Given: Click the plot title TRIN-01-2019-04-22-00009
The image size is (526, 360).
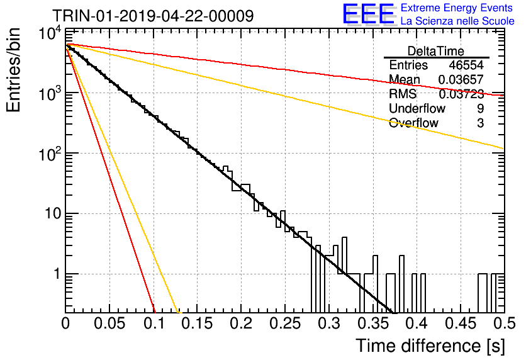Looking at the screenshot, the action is [153, 16].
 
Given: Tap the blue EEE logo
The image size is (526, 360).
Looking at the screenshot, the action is [368, 14].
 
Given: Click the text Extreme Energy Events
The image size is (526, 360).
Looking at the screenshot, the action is [457, 8].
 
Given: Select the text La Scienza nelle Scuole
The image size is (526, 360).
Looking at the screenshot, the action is [457, 21].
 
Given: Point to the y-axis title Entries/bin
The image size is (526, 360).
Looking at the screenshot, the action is [13, 70].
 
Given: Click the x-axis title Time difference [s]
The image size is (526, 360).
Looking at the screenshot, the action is [430, 346].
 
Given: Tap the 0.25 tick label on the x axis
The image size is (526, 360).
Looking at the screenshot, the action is [285, 323].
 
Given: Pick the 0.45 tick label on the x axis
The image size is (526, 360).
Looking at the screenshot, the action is [461, 323].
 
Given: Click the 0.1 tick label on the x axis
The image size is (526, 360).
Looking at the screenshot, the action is [155, 323].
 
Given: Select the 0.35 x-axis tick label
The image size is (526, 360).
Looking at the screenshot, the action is [372, 323].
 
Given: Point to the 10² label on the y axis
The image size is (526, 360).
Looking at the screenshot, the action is [50, 154].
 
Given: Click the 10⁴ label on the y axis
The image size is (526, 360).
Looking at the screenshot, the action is [50, 33].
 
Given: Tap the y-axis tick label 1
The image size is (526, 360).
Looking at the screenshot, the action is [57, 274].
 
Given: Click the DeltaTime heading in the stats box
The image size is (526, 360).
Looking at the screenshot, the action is [436, 51].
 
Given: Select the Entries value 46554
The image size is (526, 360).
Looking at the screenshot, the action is [466, 65].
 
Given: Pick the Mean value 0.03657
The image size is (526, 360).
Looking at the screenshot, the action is [461, 79].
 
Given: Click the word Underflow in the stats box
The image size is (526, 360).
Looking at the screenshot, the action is [417, 108].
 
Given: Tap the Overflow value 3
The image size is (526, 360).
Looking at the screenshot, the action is [480, 123].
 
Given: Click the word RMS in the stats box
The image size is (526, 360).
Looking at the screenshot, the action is [403, 94].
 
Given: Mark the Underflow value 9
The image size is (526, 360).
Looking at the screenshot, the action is [480, 108].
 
